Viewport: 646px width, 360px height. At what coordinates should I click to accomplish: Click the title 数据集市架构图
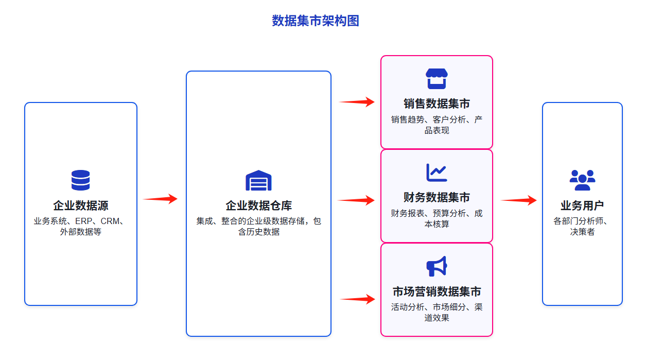click(x=315, y=21)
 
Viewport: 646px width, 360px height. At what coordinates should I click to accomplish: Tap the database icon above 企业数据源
click(x=80, y=180)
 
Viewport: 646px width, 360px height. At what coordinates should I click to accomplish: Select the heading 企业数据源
click(x=80, y=205)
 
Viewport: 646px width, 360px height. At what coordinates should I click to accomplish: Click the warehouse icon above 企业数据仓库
click(x=258, y=180)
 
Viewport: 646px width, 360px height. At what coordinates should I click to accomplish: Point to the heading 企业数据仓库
click(x=258, y=205)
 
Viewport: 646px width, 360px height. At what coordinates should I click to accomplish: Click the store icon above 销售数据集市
click(x=437, y=79)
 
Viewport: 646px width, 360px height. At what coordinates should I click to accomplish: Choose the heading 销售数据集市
click(x=437, y=104)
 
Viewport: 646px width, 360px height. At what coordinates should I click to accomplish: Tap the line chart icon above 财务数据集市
click(x=437, y=173)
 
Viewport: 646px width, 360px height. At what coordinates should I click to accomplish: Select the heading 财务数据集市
click(x=437, y=198)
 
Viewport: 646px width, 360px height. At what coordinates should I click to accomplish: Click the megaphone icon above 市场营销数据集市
click(x=437, y=266)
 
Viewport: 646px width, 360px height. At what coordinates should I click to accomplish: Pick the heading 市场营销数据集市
click(x=437, y=292)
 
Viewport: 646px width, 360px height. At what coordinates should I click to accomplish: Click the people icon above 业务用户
click(x=582, y=180)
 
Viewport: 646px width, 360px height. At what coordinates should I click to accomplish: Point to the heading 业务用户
click(x=582, y=205)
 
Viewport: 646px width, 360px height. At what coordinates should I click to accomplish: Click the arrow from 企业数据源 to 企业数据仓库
click(x=160, y=199)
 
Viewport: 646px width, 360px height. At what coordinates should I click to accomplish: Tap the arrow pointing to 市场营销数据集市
click(x=357, y=299)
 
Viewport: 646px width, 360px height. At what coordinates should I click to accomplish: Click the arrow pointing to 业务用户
click(x=519, y=200)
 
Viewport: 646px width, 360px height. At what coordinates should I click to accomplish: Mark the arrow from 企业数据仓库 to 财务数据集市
click(x=356, y=200)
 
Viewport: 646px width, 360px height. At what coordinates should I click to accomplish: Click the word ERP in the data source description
click(x=83, y=221)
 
